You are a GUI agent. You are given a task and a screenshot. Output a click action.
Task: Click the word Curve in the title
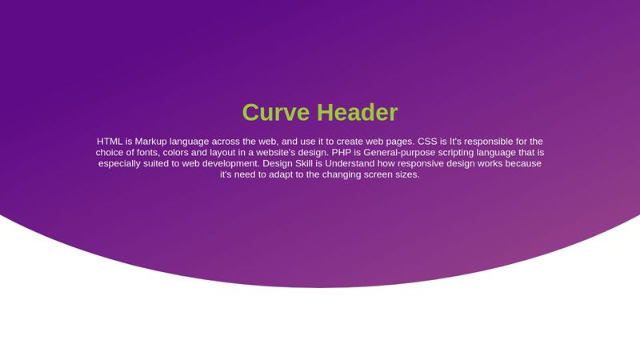click(276, 112)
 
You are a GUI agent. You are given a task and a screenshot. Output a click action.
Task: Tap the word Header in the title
click(357, 112)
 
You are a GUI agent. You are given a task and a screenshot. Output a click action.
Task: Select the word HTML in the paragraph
click(110, 142)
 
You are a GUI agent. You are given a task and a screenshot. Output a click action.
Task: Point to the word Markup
click(151, 142)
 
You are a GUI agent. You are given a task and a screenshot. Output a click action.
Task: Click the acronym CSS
click(427, 142)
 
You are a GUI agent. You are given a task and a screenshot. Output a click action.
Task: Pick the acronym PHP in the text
click(342, 153)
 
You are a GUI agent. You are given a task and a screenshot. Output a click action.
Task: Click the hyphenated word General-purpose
click(399, 153)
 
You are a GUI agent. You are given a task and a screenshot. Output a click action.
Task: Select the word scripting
click(456, 153)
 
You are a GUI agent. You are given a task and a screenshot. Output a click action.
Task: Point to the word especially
click(118, 164)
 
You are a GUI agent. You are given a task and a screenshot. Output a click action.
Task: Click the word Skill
click(305, 164)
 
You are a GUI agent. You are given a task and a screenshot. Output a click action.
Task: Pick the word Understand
click(350, 164)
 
